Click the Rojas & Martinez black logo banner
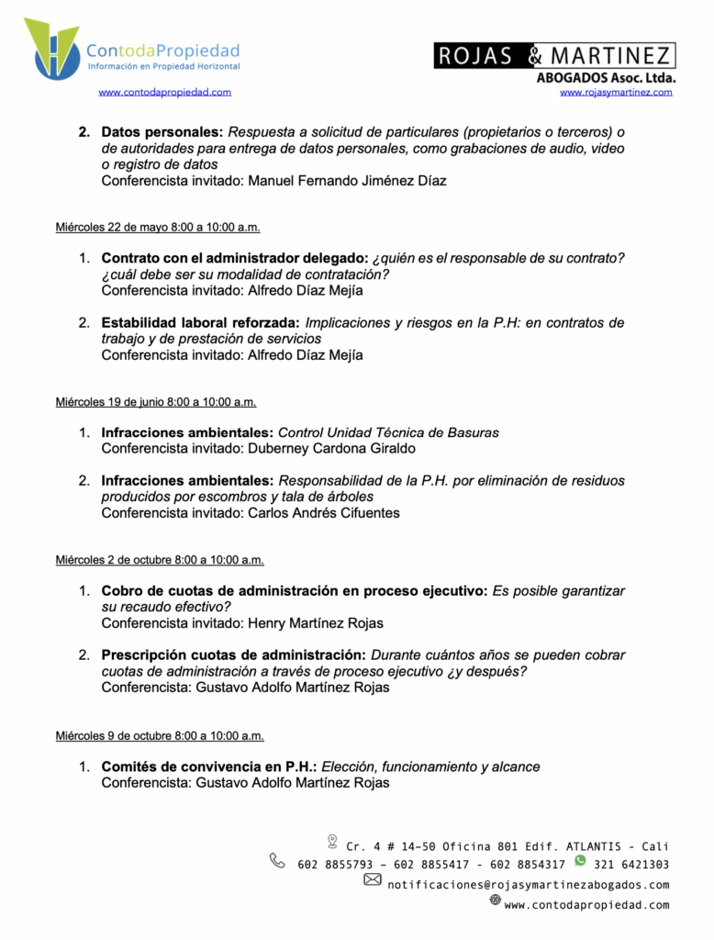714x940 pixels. [x=554, y=56]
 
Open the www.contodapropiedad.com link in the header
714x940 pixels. [x=164, y=92]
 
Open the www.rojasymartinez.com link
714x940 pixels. [x=616, y=92]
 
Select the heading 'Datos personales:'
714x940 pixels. [x=162, y=132]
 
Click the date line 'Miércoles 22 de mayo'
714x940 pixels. [x=157, y=227]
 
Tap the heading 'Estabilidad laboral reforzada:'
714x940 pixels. [x=201, y=323]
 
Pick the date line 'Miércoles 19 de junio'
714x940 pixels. [x=155, y=401]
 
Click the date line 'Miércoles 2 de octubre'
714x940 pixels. [x=160, y=559]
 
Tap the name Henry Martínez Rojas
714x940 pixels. [x=316, y=623]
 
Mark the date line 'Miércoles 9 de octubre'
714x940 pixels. [x=160, y=735]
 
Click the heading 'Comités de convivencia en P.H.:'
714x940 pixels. [x=209, y=767]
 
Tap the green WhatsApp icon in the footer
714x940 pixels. [x=580, y=860]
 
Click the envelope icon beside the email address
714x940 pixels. [x=373, y=879]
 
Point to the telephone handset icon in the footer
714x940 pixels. [x=277, y=860]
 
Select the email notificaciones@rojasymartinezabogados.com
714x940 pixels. [x=528, y=885]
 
